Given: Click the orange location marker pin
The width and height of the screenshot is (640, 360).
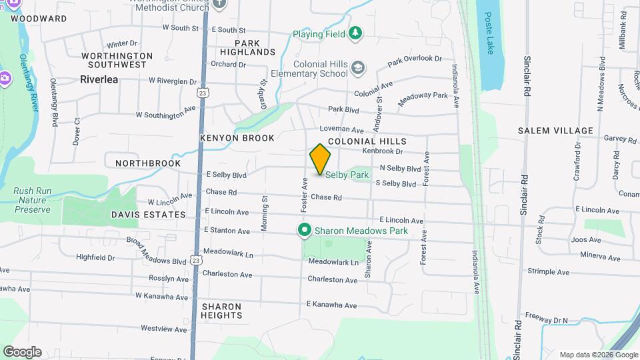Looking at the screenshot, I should click(x=320, y=159).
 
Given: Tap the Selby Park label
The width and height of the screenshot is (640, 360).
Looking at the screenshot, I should click(x=347, y=175).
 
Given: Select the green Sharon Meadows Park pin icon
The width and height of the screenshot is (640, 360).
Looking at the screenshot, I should click(x=305, y=231).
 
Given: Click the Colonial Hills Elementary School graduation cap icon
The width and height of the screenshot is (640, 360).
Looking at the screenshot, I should click(x=359, y=67).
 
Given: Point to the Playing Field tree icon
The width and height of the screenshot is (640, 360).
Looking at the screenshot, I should click(x=356, y=33).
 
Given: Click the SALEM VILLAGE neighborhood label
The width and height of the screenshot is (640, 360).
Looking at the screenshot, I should click(x=555, y=131).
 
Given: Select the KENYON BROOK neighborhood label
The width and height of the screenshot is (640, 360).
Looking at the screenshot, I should click(x=237, y=138).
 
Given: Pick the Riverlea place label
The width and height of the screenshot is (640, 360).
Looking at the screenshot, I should click(x=99, y=79).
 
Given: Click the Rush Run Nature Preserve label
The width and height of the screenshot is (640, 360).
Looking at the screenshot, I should click(x=32, y=200).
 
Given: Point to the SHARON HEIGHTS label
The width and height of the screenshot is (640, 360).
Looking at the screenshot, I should click(x=221, y=310).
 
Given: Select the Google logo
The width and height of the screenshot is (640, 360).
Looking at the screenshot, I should click(x=21, y=351).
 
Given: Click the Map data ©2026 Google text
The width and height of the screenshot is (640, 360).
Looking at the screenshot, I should click(x=598, y=355).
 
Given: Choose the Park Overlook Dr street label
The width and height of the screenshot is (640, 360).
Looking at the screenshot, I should click(x=415, y=60).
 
